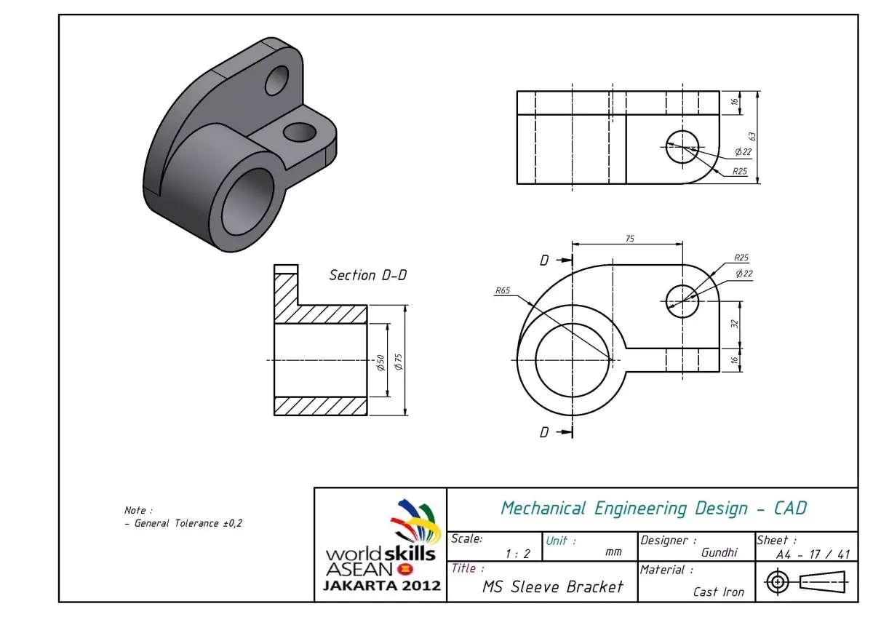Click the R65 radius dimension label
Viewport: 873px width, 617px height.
click(503, 290)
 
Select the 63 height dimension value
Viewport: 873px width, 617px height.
click(753, 136)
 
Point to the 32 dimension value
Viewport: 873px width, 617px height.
click(734, 323)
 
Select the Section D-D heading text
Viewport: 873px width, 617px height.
click(367, 275)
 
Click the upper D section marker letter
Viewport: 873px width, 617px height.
click(544, 260)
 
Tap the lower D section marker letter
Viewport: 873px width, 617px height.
click(544, 432)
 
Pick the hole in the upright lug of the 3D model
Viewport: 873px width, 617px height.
click(276, 80)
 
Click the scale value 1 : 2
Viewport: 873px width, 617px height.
click(517, 554)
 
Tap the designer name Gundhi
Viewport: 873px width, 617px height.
click(719, 553)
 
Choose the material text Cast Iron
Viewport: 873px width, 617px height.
click(719, 592)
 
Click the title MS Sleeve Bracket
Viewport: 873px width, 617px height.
click(553, 586)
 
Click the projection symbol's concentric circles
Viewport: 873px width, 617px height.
click(778, 582)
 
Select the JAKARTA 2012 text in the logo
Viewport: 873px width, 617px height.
click(382, 585)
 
